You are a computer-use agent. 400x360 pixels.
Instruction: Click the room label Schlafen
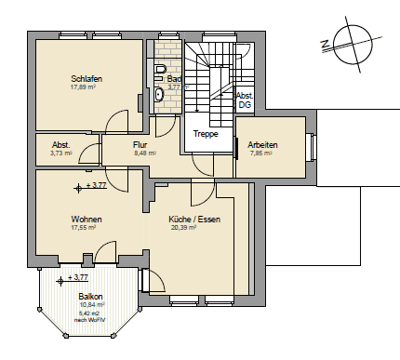pos(86,79)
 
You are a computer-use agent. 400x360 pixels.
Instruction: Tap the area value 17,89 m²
pos(86,88)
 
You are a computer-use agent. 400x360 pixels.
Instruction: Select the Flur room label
pos(140,144)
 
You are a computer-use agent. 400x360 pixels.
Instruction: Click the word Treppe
pos(206,134)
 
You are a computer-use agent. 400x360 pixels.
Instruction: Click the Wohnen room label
pos(86,220)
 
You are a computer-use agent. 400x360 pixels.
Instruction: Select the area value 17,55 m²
pos(85,229)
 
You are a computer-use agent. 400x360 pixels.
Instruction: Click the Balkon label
pos(91,297)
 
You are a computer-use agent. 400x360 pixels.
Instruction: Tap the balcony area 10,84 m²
pos(91,305)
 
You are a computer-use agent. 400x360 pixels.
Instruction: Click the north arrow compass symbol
pos(343,40)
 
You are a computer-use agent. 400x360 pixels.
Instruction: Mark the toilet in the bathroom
pos(161,73)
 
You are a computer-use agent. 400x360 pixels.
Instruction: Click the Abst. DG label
pos(245,100)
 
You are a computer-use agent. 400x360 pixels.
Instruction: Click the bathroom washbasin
pos(158,94)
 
